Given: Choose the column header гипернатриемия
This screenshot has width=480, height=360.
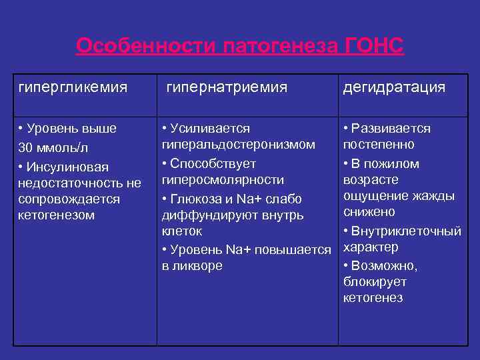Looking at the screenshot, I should coord(227,87).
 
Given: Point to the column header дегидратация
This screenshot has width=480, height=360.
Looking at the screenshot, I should coord(394,87).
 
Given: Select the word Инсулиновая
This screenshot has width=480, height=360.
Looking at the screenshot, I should coord(67,166).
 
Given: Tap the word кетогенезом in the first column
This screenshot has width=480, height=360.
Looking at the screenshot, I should coord(57,215).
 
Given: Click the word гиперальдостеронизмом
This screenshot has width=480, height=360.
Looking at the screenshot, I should coord(238,145).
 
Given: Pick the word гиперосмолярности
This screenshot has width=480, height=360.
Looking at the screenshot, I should coord(223,180).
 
